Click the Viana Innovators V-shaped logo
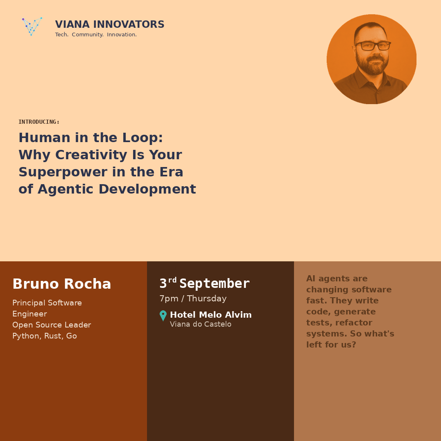(32, 27)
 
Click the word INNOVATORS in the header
(129, 24)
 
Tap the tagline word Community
(87, 35)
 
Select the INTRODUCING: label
(39, 122)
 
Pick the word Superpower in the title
(63, 172)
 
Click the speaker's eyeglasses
(373, 46)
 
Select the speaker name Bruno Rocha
(62, 284)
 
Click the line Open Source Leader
(52, 325)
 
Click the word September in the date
(215, 284)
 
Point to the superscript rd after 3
(172, 280)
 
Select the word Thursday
(207, 298)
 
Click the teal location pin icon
(163, 316)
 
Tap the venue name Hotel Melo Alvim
(211, 315)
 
